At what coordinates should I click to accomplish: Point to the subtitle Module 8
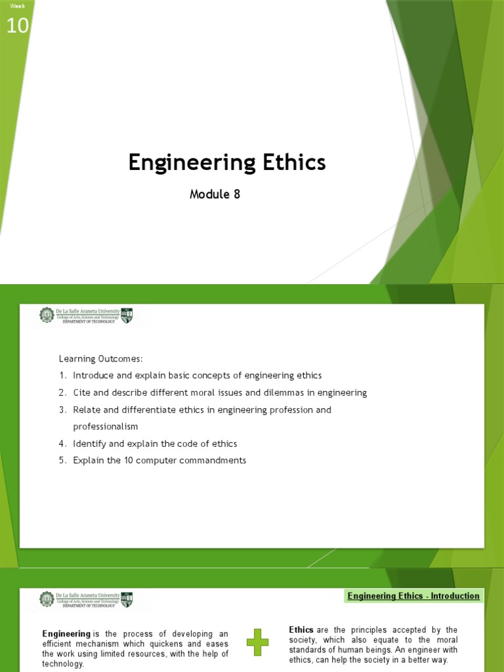(215, 194)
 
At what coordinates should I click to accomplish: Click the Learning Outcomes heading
(100, 358)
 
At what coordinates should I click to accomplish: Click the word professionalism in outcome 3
(105, 427)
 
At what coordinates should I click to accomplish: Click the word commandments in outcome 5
(211, 460)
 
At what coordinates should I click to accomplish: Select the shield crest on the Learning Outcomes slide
(127, 316)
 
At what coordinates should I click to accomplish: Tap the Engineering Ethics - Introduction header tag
(413, 596)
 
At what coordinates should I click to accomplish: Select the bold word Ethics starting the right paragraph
(301, 630)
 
